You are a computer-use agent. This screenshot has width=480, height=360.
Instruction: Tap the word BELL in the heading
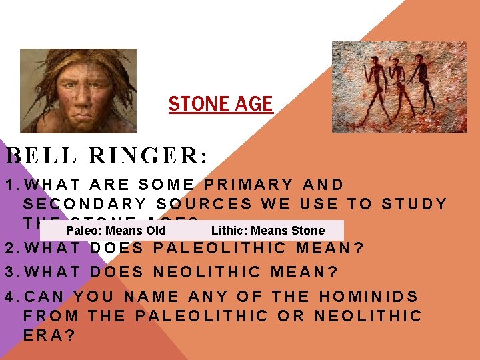tap(39, 156)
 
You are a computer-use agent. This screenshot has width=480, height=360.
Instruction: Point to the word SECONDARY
tap(90, 203)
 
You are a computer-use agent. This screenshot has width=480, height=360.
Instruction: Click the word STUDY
tap(414, 203)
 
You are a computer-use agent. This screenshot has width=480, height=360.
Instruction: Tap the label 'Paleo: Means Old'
tap(116, 231)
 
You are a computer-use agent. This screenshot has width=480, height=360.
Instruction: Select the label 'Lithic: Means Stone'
tap(267, 231)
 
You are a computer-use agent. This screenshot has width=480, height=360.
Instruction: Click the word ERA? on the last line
tap(49, 335)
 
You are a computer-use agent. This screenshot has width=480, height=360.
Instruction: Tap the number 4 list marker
tap(9, 296)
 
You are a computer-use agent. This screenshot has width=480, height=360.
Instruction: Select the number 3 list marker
tap(9, 272)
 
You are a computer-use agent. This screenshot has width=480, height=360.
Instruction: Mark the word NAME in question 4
tap(156, 296)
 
